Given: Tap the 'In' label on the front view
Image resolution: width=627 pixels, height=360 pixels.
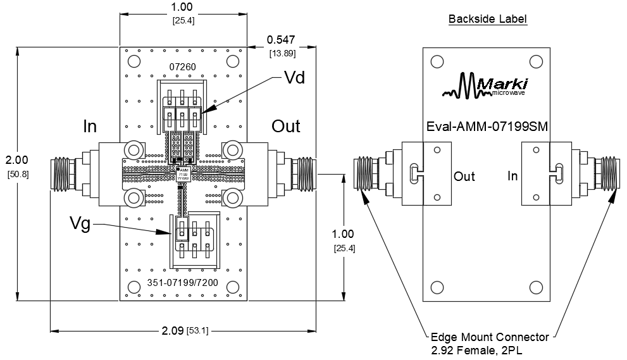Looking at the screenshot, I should coord(90,127).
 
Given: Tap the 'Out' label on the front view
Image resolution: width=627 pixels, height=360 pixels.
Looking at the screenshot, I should coord(286,126).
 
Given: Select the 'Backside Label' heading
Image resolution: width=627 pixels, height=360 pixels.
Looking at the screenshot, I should coord(487,19).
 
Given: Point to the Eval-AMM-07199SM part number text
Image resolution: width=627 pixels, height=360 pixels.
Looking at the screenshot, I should coord(487,127).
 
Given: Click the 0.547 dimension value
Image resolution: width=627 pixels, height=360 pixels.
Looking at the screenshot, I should coord(280,39).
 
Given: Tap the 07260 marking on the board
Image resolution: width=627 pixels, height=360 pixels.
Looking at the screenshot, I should coord(182,66).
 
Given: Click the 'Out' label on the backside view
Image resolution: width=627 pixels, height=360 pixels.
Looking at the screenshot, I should coord(464,177).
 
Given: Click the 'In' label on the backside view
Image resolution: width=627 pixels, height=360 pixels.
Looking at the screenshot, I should coord(512,175).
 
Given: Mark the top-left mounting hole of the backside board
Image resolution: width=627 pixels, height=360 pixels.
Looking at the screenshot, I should coord(437,61).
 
